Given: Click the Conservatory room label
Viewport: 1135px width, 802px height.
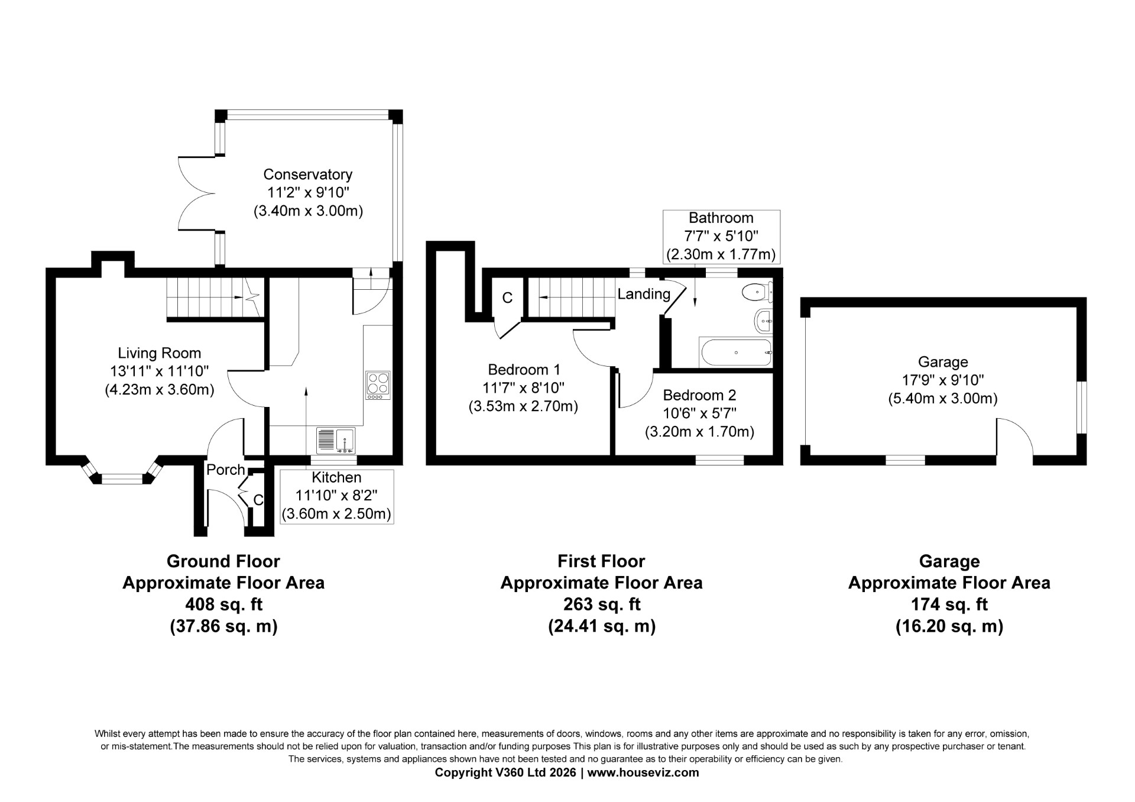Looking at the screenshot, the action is point(307,174).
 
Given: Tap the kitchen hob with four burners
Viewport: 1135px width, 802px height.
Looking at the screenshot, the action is point(378,385).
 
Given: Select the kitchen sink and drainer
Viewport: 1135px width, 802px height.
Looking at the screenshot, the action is point(336,441).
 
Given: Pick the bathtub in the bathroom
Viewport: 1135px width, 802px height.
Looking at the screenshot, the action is point(735,353).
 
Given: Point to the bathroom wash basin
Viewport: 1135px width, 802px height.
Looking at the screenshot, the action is point(764,321).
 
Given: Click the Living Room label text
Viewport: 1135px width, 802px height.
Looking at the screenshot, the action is point(160,353).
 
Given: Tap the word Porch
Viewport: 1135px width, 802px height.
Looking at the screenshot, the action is point(226,470).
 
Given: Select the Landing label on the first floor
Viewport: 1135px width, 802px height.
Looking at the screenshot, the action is point(644,294).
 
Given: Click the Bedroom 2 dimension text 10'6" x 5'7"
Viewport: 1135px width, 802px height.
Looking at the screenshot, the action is point(699,413).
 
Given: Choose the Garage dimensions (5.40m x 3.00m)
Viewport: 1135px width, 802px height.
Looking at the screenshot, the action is point(943,399).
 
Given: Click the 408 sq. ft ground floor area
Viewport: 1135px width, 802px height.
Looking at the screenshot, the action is point(223,604).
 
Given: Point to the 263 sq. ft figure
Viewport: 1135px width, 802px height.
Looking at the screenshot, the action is point(602,604).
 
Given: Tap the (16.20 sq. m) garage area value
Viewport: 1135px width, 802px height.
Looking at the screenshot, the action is point(949,626).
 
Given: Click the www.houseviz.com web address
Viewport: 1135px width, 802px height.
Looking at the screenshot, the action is point(643,772).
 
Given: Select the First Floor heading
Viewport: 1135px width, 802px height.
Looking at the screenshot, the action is point(602,561).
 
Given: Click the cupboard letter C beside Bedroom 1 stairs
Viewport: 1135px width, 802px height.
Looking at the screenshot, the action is point(507,298).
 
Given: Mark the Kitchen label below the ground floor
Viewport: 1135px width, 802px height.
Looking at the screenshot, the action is point(336,477).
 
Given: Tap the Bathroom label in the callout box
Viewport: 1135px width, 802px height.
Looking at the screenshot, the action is point(721,218).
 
